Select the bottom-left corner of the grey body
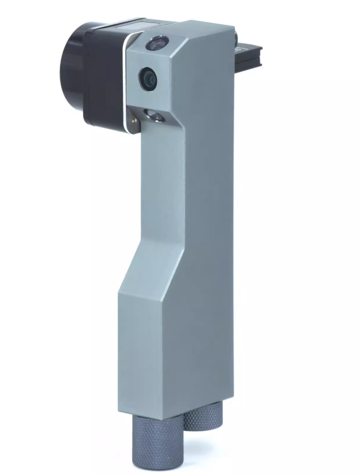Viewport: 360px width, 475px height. [x=121, y=411]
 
